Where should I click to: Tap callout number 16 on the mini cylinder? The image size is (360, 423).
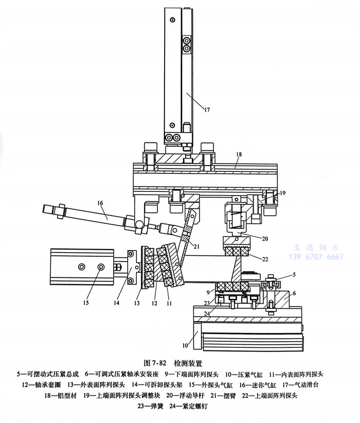point(99,204)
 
